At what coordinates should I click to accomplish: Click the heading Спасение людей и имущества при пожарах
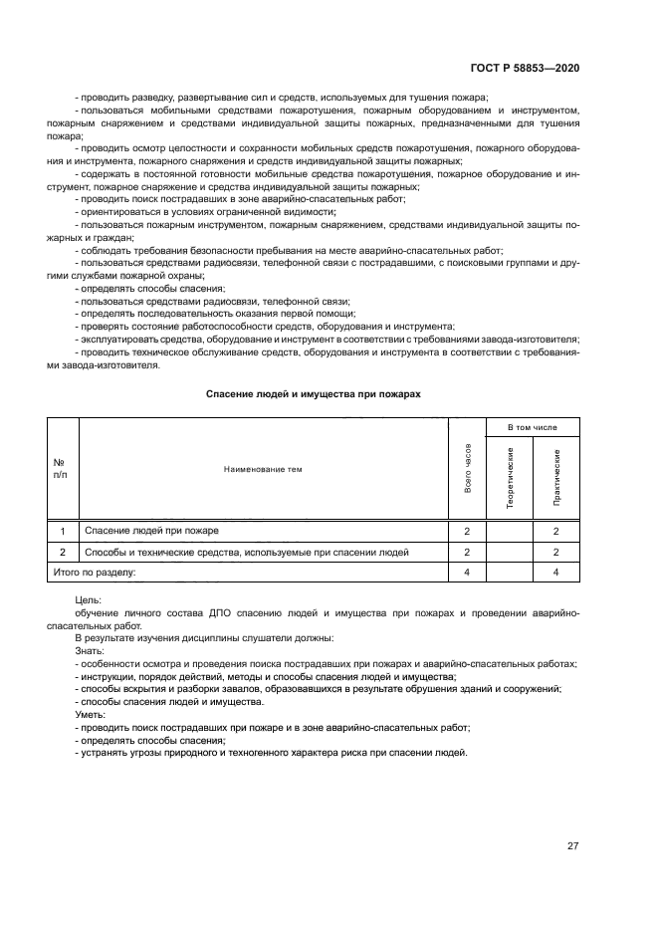[x=314, y=394]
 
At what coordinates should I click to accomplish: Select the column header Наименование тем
[x=263, y=468]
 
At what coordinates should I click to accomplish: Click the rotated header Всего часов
[x=467, y=468]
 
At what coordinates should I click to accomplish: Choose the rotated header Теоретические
[x=510, y=479]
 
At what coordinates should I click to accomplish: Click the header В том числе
[x=533, y=427]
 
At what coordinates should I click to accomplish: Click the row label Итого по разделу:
[x=93, y=573]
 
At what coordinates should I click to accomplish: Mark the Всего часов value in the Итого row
[x=466, y=573]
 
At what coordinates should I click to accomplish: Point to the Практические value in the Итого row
[x=556, y=573]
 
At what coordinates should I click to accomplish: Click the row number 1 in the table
[x=63, y=532]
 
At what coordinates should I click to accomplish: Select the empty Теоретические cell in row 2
[x=510, y=552]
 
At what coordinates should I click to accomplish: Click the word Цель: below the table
[x=89, y=601]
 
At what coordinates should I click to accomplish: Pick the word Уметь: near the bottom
[x=91, y=715]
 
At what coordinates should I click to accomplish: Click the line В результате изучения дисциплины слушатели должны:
[x=205, y=637]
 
